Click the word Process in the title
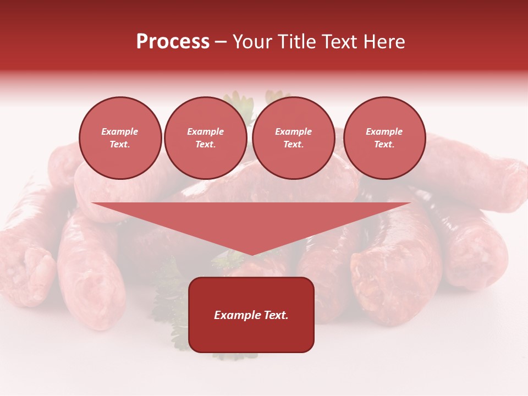click(x=173, y=42)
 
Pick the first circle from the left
click(x=120, y=138)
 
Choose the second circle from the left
click(x=206, y=138)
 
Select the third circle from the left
click(x=293, y=138)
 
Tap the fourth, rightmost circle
click(x=384, y=138)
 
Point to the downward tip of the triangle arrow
click(x=251, y=254)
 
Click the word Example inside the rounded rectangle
click(x=236, y=315)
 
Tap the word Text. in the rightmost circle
click(x=384, y=145)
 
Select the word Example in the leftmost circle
click(x=120, y=131)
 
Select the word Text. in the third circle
click(x=293, y=145)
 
